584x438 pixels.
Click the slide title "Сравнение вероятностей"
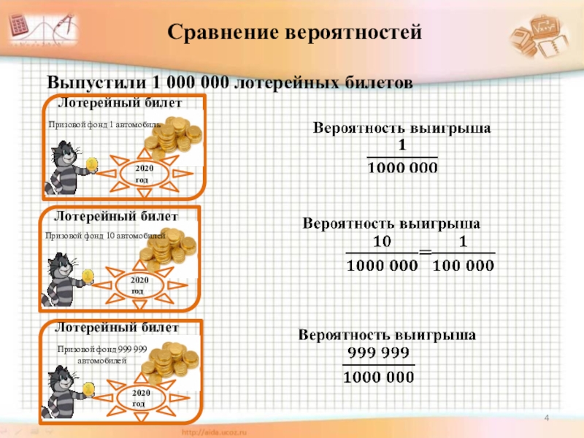pyautogui.click(x=295, y=33)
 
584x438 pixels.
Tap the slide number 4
pyautogui.click(x=547, y=418)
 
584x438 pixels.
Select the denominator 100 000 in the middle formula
pyautogui.click(x=464, y=266)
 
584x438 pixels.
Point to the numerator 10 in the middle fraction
pyautogui.click(x=382, y=241)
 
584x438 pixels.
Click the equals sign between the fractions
pyautogui.click(x=425, y=252)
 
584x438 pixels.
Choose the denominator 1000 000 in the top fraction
pyautogui.click(x=401, y=168)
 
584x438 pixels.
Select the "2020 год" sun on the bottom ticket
pyautogui.click(x=139, y=399)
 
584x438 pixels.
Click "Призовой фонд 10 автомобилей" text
pyautogui.click(x=106, y=236)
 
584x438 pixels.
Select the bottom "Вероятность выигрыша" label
pyautogui.click(x=388, y=335)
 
